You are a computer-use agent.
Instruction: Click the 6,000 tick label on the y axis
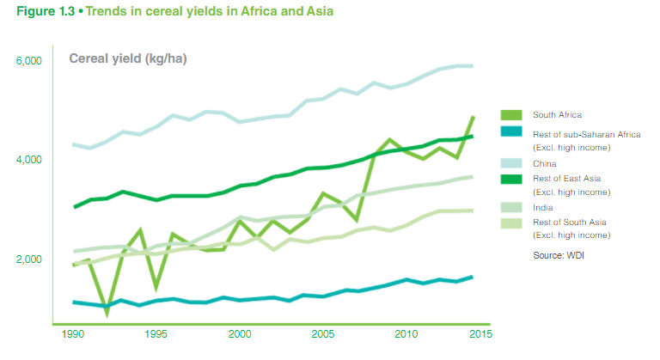[29, 62]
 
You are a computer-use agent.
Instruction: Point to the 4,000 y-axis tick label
[29, 161]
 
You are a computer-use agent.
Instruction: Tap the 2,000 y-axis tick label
[29, 259]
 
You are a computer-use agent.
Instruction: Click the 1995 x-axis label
[156, 334]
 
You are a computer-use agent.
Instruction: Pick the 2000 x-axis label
[240, 334]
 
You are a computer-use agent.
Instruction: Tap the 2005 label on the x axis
[323, 334]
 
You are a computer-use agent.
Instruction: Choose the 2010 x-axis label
[406, 334]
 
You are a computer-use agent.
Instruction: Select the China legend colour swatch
[512, 163]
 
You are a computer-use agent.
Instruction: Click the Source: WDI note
[559, 254]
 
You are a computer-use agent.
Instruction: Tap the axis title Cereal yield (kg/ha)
[128, 58]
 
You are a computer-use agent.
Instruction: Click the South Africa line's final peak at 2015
[473, 117]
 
